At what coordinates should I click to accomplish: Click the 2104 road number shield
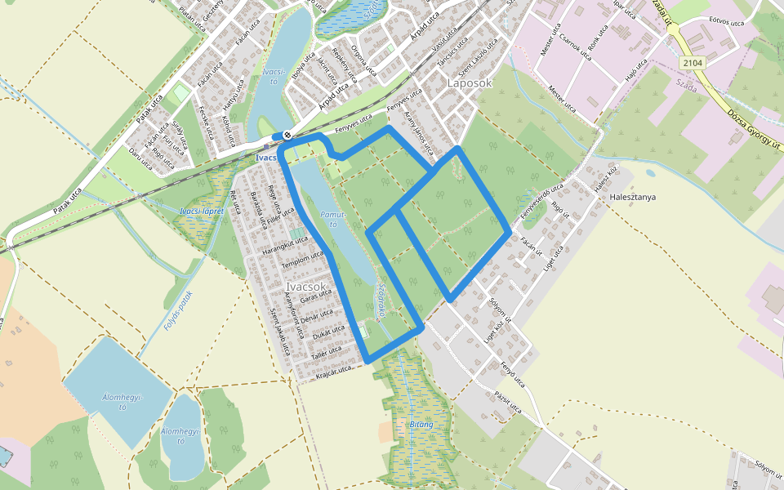point(692,63)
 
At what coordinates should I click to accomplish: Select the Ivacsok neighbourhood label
point(307,287)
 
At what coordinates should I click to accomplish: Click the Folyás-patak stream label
point(177,310)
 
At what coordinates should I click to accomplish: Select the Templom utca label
point(301,260)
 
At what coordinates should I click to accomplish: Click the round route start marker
point(287,136)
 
